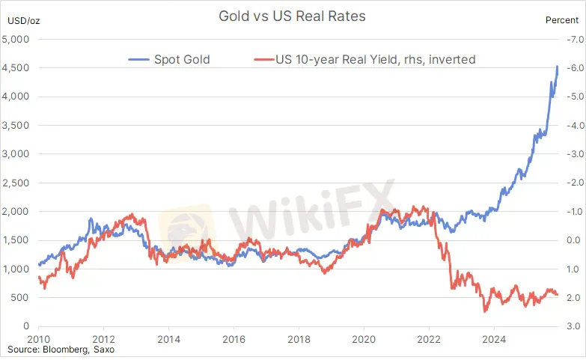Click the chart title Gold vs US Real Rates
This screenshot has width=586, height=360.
click(x=292, y=15)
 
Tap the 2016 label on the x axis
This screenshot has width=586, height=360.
click(x=233, y=338)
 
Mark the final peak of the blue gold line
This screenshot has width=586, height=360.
click(x=558, y=67)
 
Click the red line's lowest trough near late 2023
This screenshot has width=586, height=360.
click(x=486, y=311)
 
